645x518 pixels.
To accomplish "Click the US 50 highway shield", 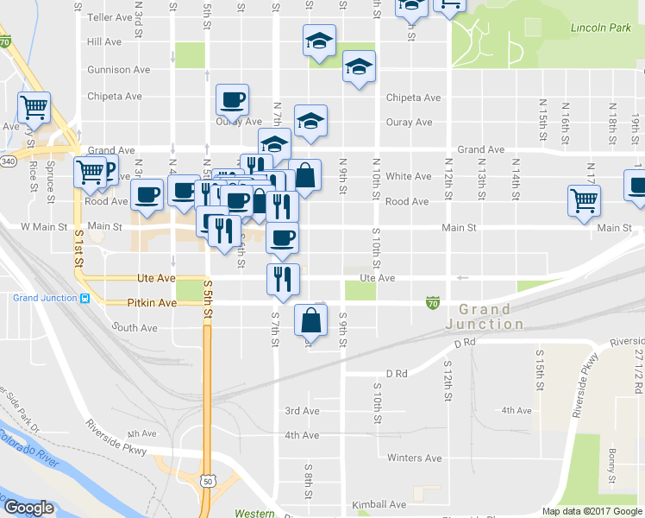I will [208, 479].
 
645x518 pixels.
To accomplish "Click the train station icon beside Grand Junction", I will [85, 299].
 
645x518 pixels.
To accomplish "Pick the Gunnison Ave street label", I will [119, 69].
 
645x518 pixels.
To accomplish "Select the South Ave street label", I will [135, 328].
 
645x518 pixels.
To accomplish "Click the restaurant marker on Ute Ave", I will [282, 278].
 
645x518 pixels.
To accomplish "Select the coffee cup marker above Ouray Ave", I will [232, 100].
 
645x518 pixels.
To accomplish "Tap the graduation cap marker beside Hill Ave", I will [319, 41].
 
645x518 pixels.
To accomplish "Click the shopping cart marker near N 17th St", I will [584, 200].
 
